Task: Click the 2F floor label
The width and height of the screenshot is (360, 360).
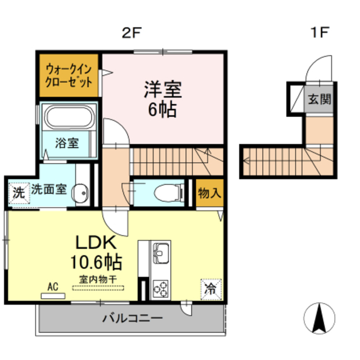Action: [x=131, y=33]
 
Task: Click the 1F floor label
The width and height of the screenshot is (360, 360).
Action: [x=320, y=32]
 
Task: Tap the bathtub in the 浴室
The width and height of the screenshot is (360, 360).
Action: [x=70, y=116]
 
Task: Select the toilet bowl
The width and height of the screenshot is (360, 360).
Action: [x=169, y=193]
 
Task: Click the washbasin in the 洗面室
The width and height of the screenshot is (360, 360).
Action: [x=80, y=193]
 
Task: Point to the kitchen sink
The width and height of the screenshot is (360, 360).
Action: [x=161, y=253]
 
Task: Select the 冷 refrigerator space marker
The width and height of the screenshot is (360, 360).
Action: [x=211, y=289]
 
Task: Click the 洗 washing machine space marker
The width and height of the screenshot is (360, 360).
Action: [x=19, y=193]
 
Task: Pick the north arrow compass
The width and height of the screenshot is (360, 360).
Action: [x=319, y=318]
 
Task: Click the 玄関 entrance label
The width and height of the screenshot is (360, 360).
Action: [x=319, y=99]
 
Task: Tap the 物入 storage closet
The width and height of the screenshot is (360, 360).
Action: [x=210, y=193]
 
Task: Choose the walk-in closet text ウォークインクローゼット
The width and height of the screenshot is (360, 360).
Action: [x=69, y=76]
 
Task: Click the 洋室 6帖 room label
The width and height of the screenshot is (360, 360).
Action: [x=163, y=99]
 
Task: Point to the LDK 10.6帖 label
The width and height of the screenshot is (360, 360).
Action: [x=96, y=253]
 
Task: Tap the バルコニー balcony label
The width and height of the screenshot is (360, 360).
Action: [x=133, y=318]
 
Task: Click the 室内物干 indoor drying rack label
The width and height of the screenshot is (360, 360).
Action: [x=98, y=280]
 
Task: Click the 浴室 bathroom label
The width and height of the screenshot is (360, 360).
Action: [x=67, y=143]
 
